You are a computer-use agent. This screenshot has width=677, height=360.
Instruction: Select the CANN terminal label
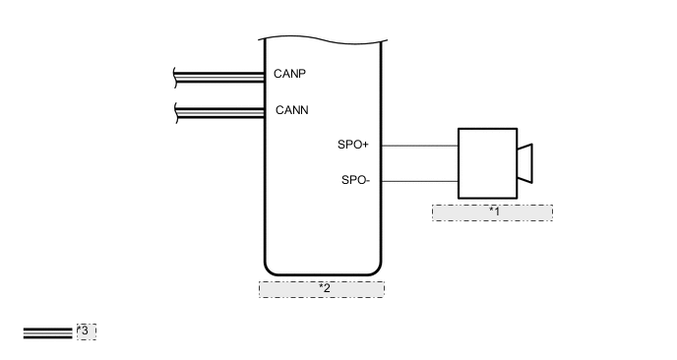291,110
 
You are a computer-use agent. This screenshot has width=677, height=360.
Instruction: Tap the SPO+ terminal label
353,146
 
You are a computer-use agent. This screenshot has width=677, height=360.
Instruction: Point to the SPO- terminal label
355,180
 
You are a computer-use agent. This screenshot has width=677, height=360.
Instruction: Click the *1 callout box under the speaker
492,212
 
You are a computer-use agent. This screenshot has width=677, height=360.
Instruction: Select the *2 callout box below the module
322,288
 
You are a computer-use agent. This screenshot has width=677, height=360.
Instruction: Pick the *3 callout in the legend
86,331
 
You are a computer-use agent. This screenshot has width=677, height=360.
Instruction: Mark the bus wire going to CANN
221,110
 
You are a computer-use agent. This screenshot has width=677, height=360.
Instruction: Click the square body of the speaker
487,162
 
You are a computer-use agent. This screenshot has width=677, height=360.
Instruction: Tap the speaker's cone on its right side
524,162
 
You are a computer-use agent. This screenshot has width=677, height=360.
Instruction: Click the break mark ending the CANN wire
175,110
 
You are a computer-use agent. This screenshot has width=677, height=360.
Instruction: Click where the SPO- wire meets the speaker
459,180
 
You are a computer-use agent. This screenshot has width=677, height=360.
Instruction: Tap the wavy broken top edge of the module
322,39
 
